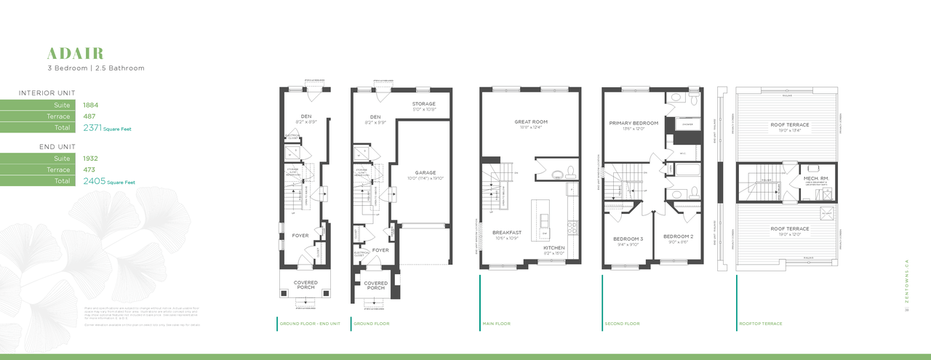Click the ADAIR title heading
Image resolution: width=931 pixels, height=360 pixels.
coord(75,53)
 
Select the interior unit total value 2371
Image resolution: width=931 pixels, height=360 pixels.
coord(92,127)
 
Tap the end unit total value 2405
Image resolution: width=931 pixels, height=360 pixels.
coord(92,180)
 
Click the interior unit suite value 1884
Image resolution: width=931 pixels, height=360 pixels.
coord(91,105)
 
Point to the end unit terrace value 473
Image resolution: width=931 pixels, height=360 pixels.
coord(90,169)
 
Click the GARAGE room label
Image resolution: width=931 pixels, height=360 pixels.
coord(424,172)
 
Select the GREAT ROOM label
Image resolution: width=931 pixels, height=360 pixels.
coord(531,121)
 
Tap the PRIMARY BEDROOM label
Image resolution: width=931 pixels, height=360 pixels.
coord(633,123)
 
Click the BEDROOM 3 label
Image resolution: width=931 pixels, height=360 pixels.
coord(628,239)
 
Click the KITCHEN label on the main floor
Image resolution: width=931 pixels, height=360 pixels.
coord(554,248)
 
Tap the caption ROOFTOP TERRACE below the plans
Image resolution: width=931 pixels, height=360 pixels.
coord(760,324)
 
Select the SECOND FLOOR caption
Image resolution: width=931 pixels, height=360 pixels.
coord(622,324)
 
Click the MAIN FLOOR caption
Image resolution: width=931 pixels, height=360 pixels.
coord(496,324)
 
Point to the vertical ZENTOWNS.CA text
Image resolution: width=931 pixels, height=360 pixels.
coord(907,284)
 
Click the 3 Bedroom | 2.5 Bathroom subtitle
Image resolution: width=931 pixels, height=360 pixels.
coord(95,68)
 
